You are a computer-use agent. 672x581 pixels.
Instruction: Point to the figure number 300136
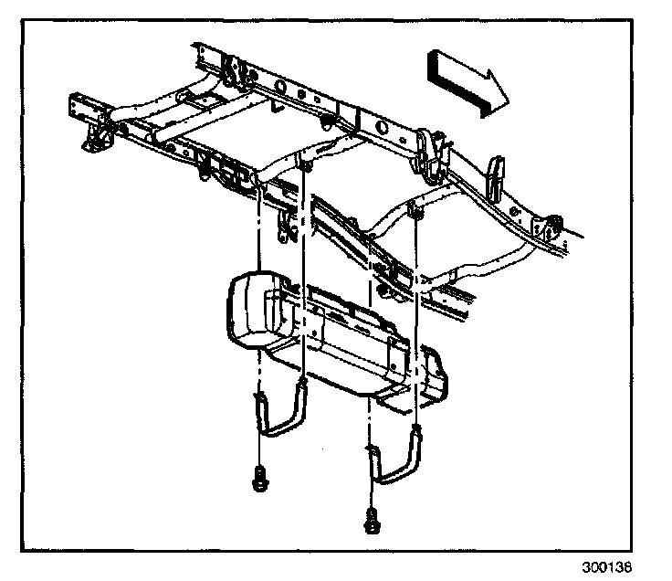tap(606, 565)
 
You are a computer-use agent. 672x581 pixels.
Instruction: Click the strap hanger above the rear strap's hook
tap(303, 164)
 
